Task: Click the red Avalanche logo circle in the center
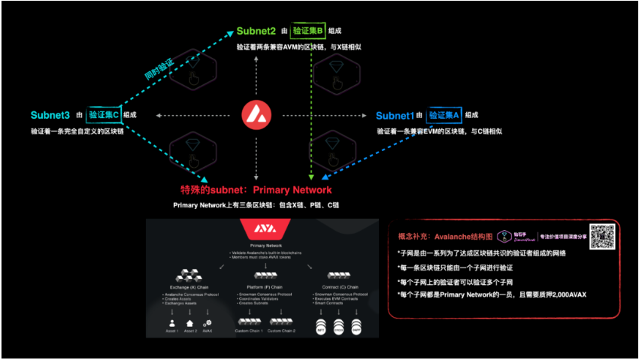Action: [x=256, y=116]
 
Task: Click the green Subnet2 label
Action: [x=257, y=32]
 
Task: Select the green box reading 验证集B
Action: [x=309, y=32]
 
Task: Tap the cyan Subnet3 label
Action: [x=50, y=115]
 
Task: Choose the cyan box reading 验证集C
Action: [x=103, y=115]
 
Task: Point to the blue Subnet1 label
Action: [x=395, y=116]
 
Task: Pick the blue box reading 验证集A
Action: [x=444, y=116]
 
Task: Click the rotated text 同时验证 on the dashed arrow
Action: [x=159, y=69]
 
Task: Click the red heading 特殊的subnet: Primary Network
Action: [x=256, y=189]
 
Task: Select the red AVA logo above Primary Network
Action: [x=256, y=229]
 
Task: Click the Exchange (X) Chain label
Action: [x=183, y=289]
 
